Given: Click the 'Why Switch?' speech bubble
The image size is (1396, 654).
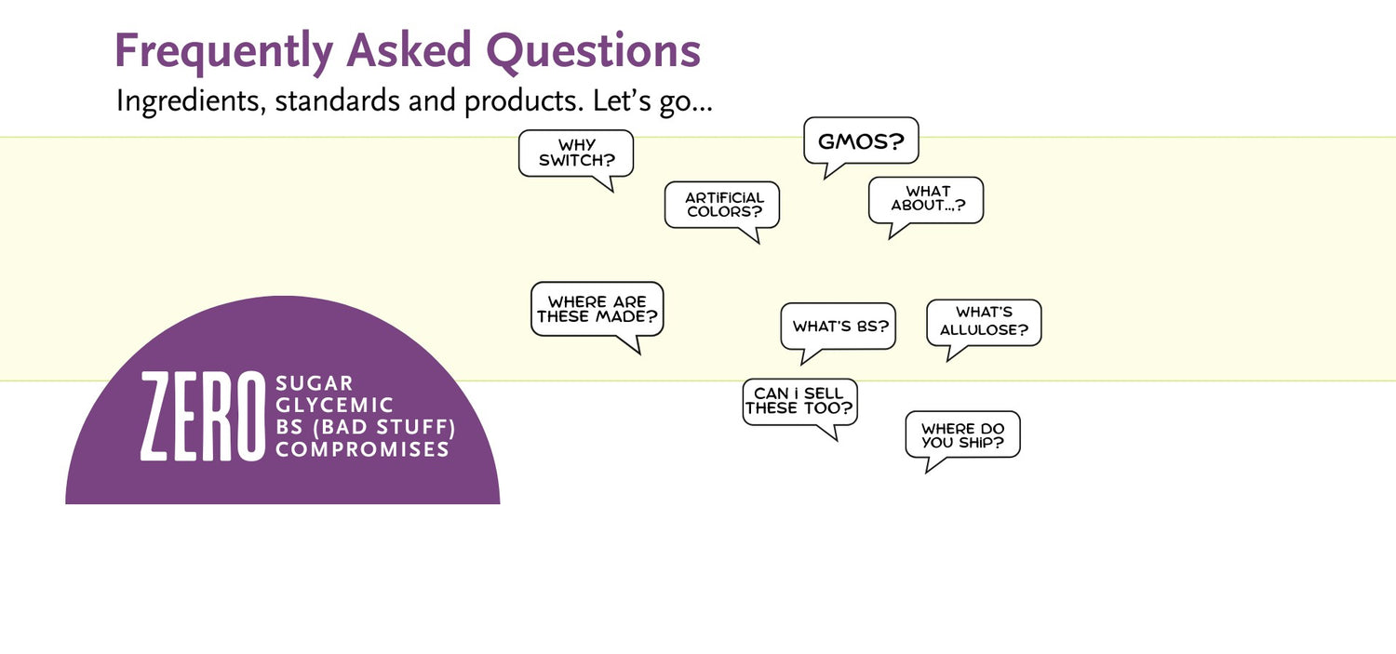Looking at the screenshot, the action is click(x=576, y=153).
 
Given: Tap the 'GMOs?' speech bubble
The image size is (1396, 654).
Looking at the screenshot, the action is click(x=861, y=140).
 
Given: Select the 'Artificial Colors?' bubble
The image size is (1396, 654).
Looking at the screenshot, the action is click(x=722, y=205).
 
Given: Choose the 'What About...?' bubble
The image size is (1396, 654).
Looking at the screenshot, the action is click(x=926, y=200).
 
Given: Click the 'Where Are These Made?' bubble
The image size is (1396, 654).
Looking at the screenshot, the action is click(x=597, y=310).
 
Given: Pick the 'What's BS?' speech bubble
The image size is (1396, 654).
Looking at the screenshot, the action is click(x=839, y=326).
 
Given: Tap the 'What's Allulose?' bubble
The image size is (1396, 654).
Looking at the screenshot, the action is click(x=984, y=322).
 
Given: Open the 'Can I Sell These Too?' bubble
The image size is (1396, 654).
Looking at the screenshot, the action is click(x=800, y=403).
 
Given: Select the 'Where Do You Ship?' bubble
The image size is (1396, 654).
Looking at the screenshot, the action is click(x=963, y=434).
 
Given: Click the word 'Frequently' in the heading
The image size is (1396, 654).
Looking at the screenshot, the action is click(x=223, y=52).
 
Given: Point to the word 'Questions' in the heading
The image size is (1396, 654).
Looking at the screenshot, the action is click(x=594, y=51).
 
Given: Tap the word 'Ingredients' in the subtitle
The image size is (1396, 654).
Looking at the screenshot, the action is click(x=192, y=100).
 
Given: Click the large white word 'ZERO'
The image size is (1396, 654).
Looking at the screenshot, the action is click(x=203, y=416).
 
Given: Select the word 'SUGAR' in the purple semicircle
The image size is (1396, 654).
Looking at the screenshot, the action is click(x=315, y=383).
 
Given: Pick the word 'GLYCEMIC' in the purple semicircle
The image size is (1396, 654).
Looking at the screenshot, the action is click(x=335, y=406).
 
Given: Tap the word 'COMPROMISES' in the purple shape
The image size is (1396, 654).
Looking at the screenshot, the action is click(x=363, y=449).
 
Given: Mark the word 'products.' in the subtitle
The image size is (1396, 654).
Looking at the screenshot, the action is click(x=524, y=100).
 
